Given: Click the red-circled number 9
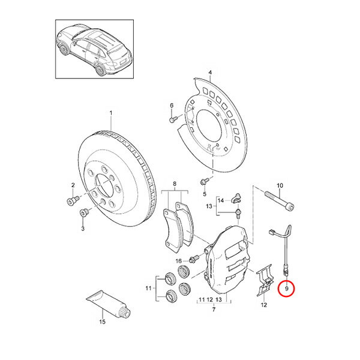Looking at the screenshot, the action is (286, 289).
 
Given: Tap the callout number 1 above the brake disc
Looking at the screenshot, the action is (111, 113).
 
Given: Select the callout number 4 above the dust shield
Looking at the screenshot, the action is (210, 73).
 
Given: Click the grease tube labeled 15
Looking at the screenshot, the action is (109, 304).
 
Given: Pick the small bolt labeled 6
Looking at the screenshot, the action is (173, 119).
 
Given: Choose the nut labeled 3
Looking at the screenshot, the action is (84, 212).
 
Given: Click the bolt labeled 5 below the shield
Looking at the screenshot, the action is (204, 181).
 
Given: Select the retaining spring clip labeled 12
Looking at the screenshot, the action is (264, 280).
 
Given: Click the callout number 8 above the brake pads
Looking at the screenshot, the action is (175, 184).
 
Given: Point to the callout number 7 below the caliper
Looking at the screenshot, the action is (214, 310).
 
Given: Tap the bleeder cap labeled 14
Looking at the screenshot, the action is (236, 198).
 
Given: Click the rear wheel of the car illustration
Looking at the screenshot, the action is (101, 70).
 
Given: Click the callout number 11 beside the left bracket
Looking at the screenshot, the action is (149, 288).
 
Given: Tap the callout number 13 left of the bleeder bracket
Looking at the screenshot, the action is (209, 206).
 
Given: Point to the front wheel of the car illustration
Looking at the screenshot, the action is (64, 49).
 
